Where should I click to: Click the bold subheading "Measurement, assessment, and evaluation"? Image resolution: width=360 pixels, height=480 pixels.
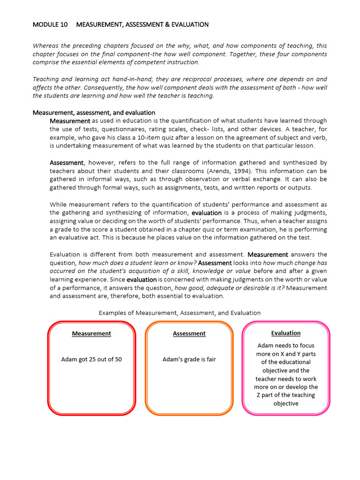click(94, 112)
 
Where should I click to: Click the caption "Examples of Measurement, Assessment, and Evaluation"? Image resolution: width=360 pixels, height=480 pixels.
click(180, 313)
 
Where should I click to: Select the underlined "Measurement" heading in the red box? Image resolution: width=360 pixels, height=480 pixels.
click(91, 334)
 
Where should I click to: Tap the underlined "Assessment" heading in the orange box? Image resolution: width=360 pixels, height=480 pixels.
click(189, 334)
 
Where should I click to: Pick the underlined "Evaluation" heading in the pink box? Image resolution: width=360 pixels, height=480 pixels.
click(286, 333)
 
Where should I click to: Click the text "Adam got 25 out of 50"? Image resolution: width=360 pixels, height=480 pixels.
click(91, 360)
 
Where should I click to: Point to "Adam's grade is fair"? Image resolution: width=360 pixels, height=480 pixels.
click(189, 360)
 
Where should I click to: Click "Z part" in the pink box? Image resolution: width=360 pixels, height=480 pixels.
click(265, 395)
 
